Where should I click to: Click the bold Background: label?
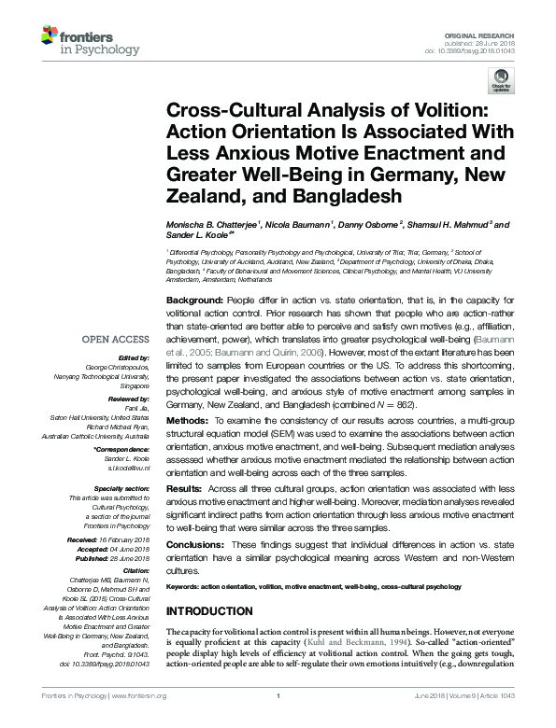tap(194, 300)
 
